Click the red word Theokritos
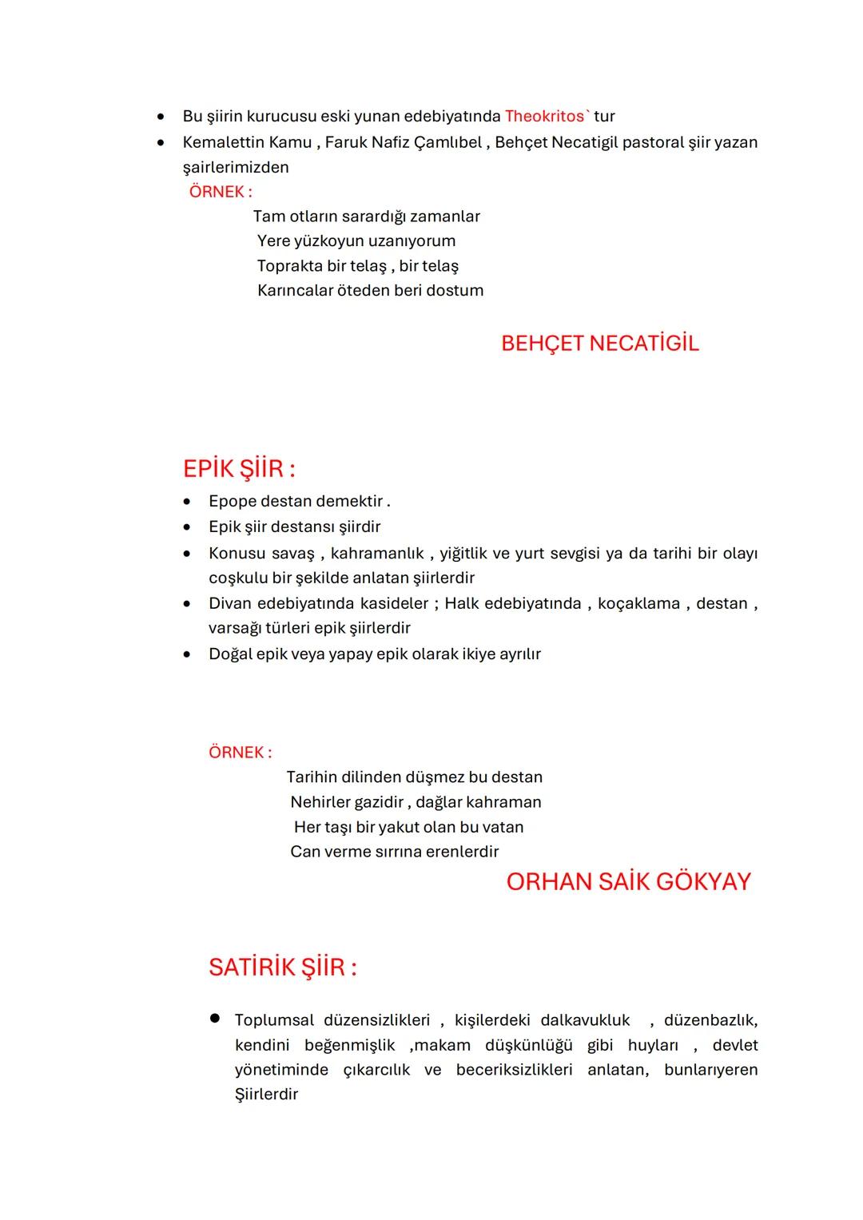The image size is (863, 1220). [544, 117]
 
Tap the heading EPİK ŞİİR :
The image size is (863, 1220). [239, 468]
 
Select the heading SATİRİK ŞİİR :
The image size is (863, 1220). [282, 967]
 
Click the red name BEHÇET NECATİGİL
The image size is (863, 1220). [599, 344]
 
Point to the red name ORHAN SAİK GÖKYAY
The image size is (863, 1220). [628, 881]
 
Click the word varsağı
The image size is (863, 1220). [237, 628]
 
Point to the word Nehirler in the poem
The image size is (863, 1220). [320, 802]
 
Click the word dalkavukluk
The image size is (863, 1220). [585, 1020]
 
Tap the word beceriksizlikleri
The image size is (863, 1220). [514, 1070]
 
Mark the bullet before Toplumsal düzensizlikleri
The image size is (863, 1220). [214, 1019]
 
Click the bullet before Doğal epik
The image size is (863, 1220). [187, 654]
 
